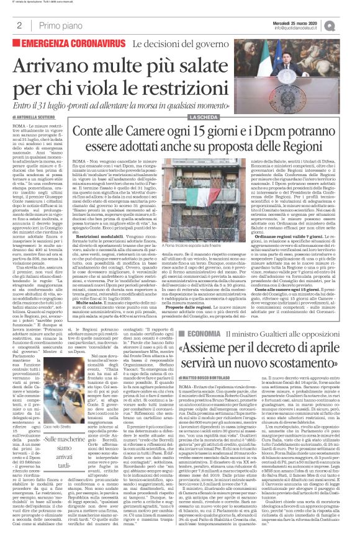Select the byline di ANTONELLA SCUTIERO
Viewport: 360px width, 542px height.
pos(38,116)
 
